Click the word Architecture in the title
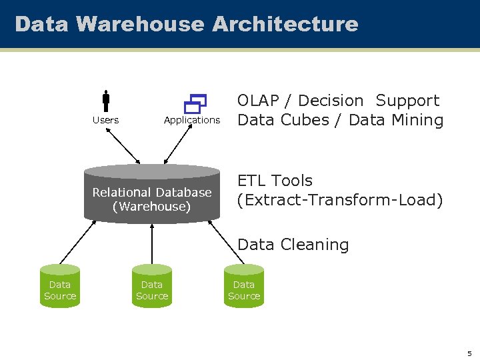click(x=285, y=24)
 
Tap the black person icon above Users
click(x=106, y=101)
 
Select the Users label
click(x=105, y=120)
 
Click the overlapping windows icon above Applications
click(x=195, y=103)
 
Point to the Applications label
click(x=192, y=120)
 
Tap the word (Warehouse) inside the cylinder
click(x=151, y=207)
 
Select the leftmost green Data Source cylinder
click(x=60, y=287)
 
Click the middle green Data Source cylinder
click(x=152, y=287)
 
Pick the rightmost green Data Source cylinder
click(x=244, y=287)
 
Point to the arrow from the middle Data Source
click(x=152, y=243)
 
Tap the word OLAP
click(x=258, y=101)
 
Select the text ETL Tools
click(x=275, y=181)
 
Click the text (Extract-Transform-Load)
click(x=340, y=200)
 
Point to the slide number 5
click(x=469, y=353)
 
